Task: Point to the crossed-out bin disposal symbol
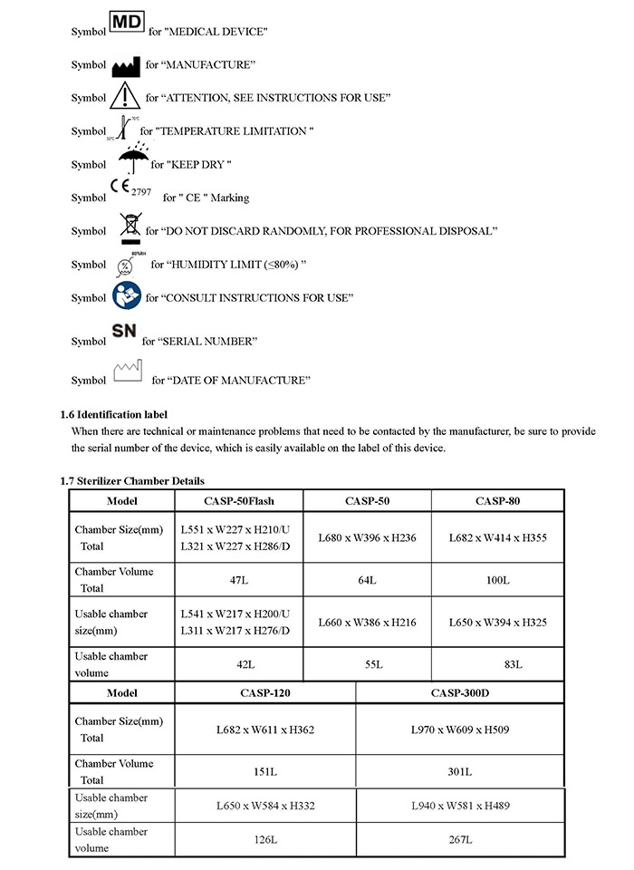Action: click(129, 227)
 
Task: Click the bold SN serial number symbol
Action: click(124, 333)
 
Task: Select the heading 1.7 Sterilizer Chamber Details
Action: click(132, 480)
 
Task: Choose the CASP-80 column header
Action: click(497, 500)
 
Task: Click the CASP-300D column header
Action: click(459, 693)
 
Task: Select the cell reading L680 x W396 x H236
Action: click(367, 537)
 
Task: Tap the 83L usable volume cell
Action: click(497, 664)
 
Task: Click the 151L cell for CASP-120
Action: click(264, 771)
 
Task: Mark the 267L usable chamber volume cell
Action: click(459, 840)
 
